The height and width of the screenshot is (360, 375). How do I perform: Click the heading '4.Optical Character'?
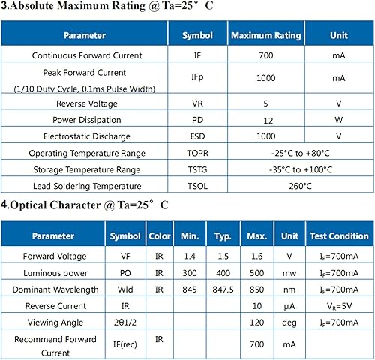(84, 204)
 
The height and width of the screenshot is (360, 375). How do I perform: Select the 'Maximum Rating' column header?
(265, 35)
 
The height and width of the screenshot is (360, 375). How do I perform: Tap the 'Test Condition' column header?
(338, 236)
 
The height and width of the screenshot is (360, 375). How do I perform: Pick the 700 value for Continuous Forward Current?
(265, 55)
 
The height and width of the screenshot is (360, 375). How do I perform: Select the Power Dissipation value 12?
(265, 120)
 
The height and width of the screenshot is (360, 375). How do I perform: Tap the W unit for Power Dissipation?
(338, 120)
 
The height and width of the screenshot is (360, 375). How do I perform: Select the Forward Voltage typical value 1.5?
(222, 256)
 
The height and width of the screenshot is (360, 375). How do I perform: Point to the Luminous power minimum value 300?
(189, 272)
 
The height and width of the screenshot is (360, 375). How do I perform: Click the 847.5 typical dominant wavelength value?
(222, 289)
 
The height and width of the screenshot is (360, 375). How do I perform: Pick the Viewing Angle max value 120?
(257, 322)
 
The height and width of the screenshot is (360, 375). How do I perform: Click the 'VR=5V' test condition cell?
(338, 306)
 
